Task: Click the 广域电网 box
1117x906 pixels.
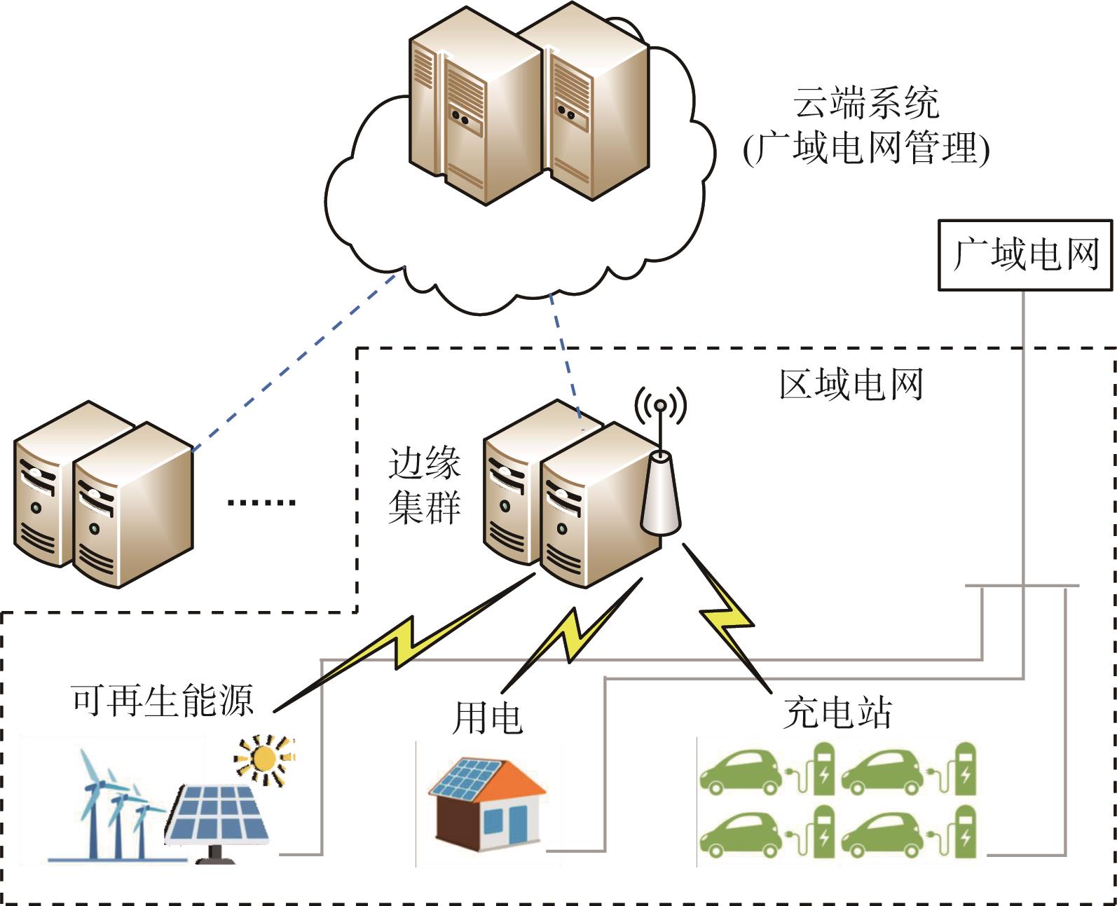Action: click(x=1025, y=255)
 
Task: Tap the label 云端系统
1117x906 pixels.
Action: click(x=866, y=103)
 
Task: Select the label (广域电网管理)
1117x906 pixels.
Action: click(x=866, y=149)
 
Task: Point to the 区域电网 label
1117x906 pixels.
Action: click(x=851, y=385)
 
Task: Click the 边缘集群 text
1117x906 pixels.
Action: click(x=424, y=485)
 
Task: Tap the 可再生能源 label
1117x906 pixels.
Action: click(x=163, y=701)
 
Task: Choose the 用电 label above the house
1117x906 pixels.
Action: click(x=487, y=718)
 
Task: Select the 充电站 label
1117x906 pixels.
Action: click(x=837, y=713)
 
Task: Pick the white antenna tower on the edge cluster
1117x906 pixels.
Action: click(x=661, y=493)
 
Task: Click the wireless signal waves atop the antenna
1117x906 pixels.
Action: click(x=661, y=405)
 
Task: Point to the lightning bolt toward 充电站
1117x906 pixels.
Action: click(x=726, y=619)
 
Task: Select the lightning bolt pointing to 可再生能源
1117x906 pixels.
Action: click(x=404, y=643)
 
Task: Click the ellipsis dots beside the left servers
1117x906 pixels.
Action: click(x=261, y=503)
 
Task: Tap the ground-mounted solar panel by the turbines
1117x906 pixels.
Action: click(x=217, y=822)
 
